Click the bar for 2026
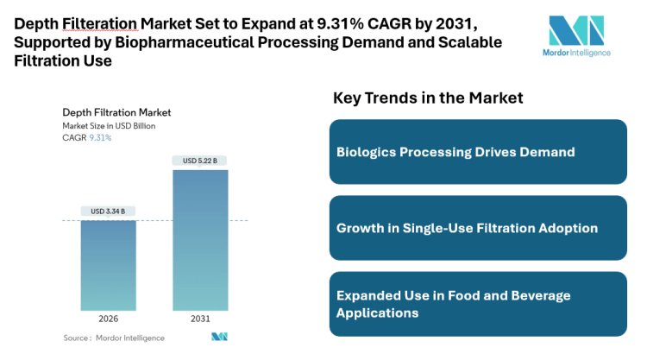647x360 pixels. (109, 265)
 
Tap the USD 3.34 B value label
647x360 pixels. (109, 212)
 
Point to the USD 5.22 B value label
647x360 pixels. (199, 161)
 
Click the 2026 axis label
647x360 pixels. (109, 319)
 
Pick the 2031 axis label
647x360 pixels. (199, 319)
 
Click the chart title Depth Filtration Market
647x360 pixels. (116, 112)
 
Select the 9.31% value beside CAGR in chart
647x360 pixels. (101, 138)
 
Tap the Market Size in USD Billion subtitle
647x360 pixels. (109, 126)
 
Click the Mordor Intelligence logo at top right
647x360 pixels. (579, 35)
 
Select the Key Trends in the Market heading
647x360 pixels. (428, 98)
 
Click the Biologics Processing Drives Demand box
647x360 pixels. (478, 152)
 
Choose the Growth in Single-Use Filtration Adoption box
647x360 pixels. (478, 228)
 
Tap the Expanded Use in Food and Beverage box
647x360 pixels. (478, 304)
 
